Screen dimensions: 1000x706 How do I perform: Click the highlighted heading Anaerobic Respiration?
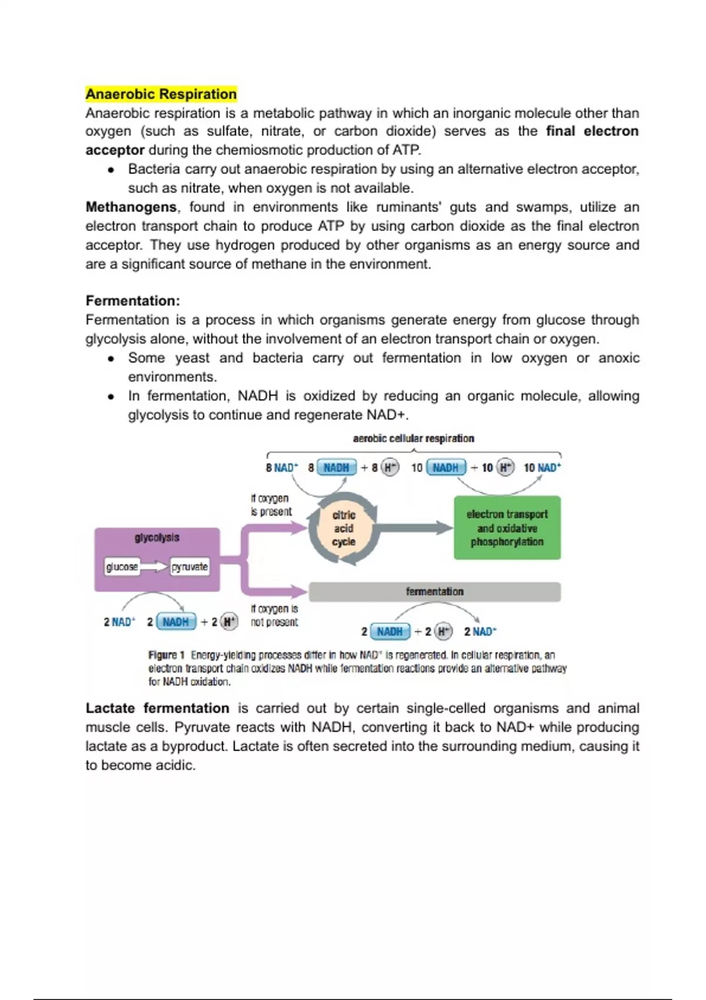click(161, 94)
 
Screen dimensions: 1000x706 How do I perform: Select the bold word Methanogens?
click(131, 207)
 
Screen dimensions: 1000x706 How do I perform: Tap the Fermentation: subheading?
click(132, 301)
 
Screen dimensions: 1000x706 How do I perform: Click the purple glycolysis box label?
click(156, 538)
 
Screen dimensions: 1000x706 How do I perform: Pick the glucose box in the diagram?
click(122, 566)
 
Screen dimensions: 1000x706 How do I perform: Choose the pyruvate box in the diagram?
click(189, 566)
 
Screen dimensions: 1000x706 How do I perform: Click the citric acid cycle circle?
click(344, 528)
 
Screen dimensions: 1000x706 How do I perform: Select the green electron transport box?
click(507, 528)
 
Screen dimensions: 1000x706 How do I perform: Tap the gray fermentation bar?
click(434, 592)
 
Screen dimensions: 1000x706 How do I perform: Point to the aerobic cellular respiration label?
click(413, 438)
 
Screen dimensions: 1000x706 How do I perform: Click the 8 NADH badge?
click(337, 468)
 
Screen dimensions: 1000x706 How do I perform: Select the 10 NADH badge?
click(445, 468)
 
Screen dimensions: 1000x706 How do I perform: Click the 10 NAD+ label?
click(542, 468)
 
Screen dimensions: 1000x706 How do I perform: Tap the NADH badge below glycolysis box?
click(175, 622)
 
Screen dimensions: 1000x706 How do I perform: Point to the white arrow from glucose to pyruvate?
click(154, 566)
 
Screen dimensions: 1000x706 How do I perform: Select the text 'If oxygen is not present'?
click(274, 615)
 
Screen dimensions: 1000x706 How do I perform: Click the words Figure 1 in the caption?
click(166, 655)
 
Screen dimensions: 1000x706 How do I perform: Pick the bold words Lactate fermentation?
click(157, 708)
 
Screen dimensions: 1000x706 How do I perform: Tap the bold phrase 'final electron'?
click(592, 131)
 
